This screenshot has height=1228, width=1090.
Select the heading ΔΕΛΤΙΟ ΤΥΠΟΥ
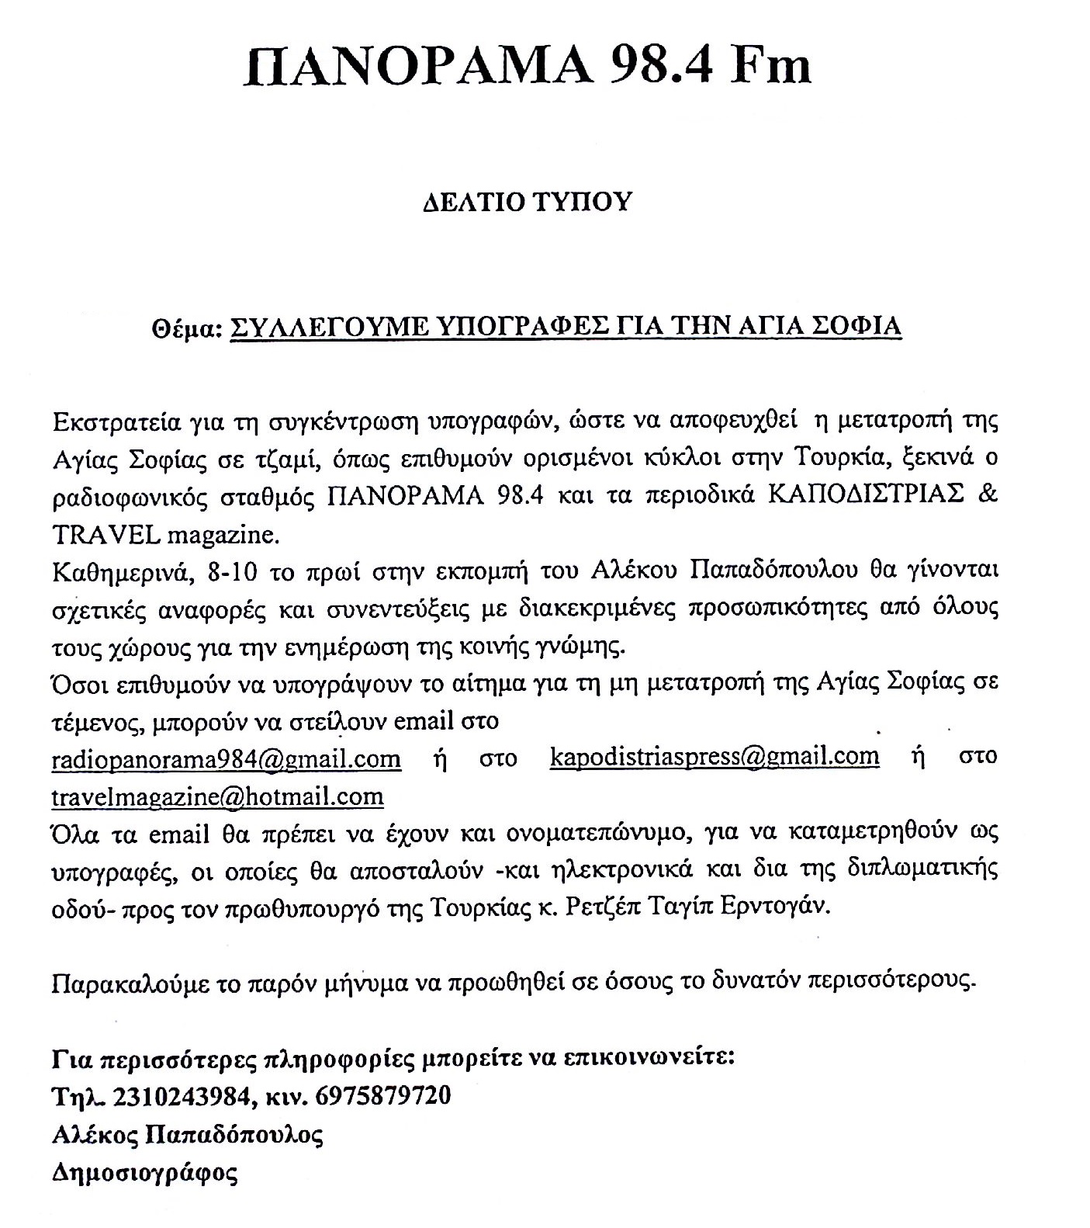point(527,202)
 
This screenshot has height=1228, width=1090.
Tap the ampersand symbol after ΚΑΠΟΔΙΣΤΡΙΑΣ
point(988,496)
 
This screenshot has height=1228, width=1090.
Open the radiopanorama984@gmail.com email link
point(226,758)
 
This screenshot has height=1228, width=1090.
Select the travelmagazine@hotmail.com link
point(217,796)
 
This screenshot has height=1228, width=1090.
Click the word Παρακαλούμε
point(130,983)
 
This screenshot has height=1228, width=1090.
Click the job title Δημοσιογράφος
point(144,1172)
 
